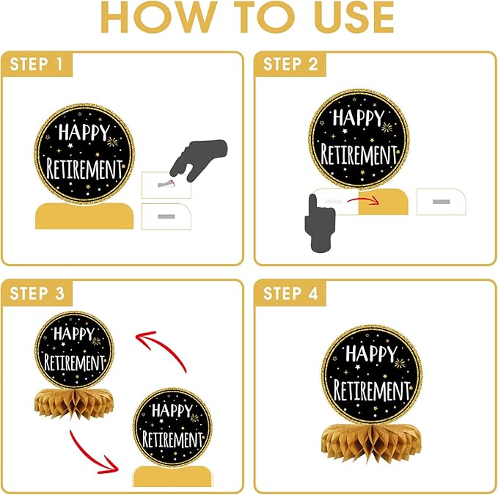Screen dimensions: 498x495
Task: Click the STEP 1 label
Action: click(36, 64)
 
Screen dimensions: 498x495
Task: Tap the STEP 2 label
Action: click(290, 64)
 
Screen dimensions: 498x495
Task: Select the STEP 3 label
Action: click(37, 293)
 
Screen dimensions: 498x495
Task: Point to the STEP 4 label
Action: click(290, 293)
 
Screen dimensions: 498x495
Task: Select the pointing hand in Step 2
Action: click(320, 223)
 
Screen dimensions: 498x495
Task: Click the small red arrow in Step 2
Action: click(363, 199)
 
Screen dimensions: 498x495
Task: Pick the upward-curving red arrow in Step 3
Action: click(165, 346)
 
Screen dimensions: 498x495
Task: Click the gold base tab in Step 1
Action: click(84, 216)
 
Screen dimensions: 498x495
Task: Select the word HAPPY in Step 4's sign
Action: click(372, 353)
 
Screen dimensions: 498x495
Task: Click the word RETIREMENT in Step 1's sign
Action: click(84, 169)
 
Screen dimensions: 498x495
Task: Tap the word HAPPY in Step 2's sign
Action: click(359, 117)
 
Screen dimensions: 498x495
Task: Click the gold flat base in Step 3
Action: click(172, 476)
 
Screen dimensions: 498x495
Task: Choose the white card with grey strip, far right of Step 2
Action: click(441, 202)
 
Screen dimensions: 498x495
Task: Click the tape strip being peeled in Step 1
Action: click(166, 184)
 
